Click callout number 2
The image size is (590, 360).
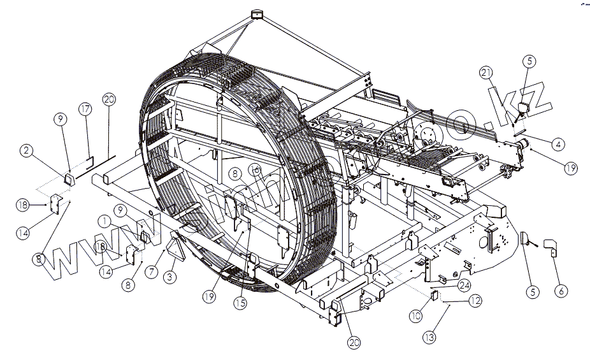[26, 150]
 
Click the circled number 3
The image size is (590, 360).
[169, 277]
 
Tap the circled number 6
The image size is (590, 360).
[561, 291]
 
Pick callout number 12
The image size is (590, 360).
[475, 301]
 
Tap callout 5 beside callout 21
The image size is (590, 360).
[530, 61]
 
